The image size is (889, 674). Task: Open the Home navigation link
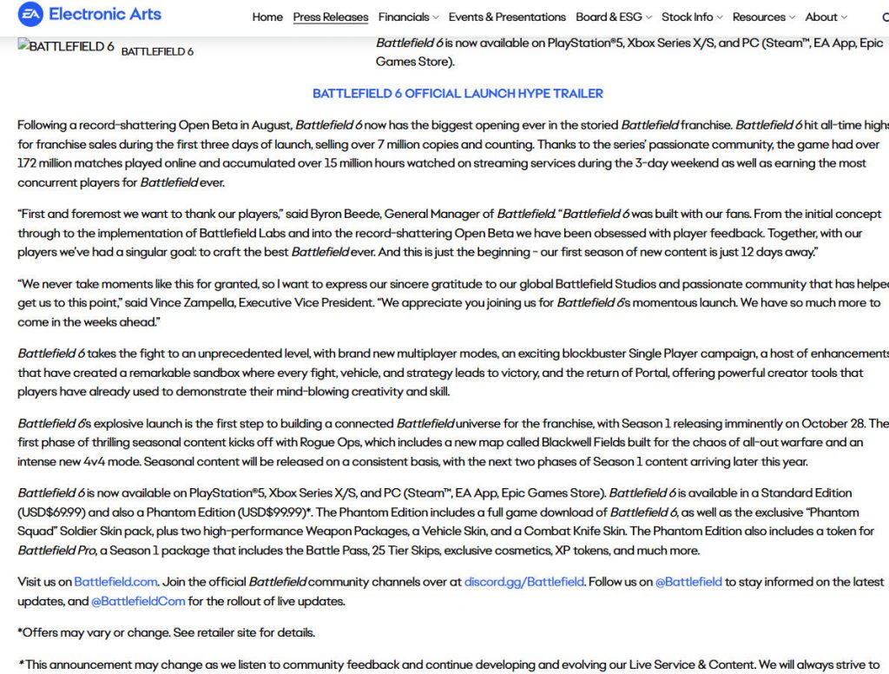(267, 17)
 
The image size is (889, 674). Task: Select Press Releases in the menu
(331, 17)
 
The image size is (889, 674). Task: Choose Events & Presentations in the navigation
(507, 17)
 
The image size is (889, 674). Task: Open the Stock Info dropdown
(692, 17)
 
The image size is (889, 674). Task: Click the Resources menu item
(764, 17)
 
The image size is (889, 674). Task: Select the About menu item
(826, 17)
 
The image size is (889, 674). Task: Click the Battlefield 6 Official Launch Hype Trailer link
(458, 94)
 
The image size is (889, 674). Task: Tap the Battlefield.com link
(115, 582)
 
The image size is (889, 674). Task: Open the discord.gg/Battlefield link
(524, 582)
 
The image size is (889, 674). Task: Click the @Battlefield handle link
(688, 582)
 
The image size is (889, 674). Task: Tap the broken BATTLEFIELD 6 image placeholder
(66, 48)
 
